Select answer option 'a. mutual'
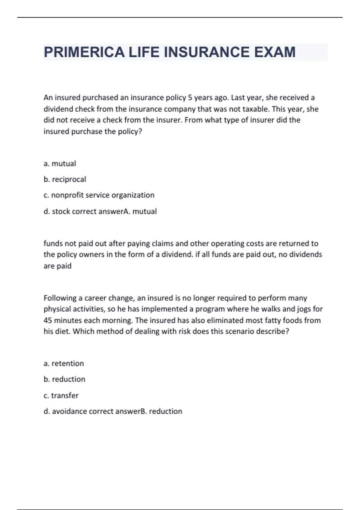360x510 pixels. (x=60, y=163)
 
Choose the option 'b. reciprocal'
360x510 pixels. (x=65, y=179)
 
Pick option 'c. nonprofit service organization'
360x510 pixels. (x=99, y=195)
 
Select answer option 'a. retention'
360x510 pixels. (x=64, y=363)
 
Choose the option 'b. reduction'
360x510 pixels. (x=64, y=379)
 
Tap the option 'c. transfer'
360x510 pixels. (x=61, y=395)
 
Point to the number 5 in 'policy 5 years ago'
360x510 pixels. (x=190, y=98)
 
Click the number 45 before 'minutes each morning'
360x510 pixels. (x=48, y=320)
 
